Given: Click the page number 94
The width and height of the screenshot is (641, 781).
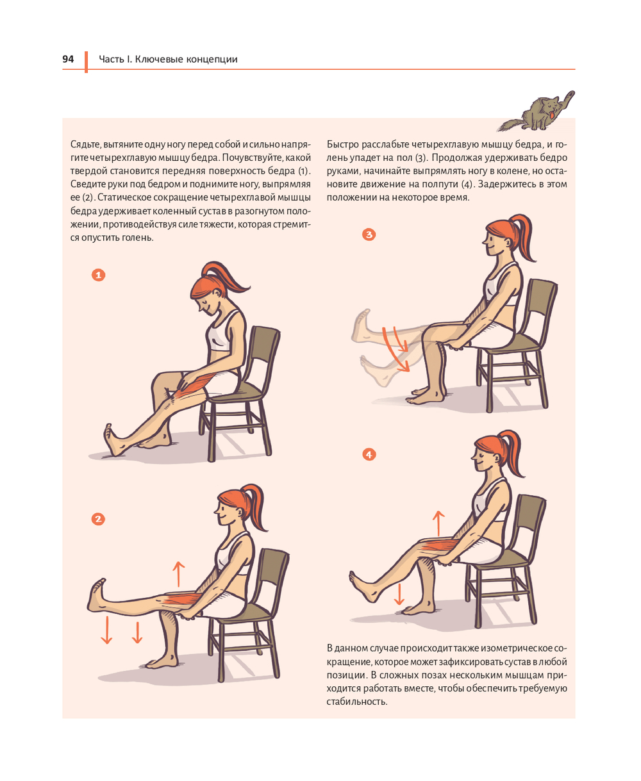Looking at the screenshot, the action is click(68, 59).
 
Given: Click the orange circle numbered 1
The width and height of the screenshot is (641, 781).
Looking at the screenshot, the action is click(98, 275).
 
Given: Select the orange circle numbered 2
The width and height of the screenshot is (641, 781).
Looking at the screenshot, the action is click(98, 519).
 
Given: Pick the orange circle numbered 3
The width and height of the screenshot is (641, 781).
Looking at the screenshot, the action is click(369, 234).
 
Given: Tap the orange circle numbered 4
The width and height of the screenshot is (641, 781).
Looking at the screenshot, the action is click(369, 454).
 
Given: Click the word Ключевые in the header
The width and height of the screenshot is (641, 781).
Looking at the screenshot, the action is click(158, 59).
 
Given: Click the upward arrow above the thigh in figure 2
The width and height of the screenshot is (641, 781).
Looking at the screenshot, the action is click(179, 573).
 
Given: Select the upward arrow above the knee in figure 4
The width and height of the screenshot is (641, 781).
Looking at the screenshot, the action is click(438, 523).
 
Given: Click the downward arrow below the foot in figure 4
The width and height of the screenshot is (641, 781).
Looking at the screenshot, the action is click(399, 594).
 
